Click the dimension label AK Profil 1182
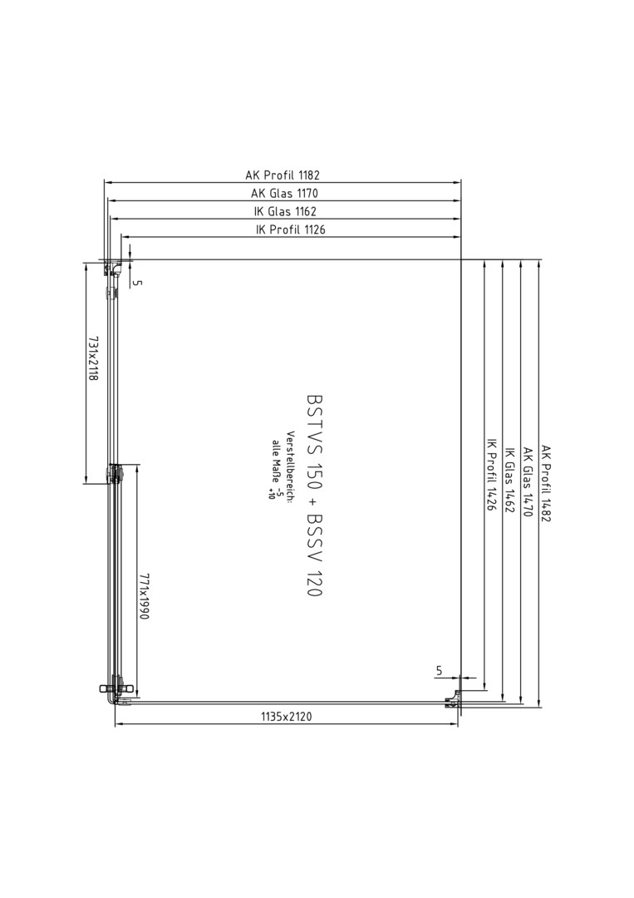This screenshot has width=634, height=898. click(x=283, y=175)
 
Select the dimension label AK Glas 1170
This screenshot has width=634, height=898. click(x=284, y=194)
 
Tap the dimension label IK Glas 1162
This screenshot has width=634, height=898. click(x=285, y=211)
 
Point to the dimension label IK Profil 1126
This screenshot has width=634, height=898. click(x=291, y=229)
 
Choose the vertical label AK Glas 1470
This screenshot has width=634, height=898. click(x=528, y=481)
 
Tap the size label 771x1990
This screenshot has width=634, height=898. click(x=144, y=599)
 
